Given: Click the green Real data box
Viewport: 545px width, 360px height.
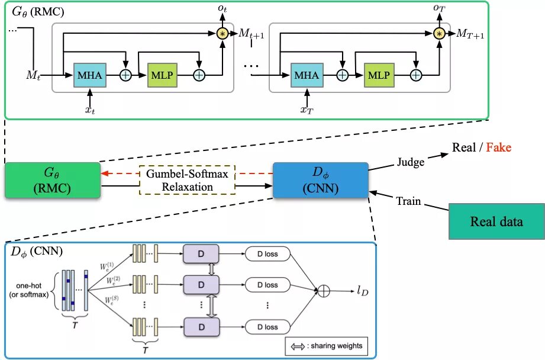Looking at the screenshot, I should coord(496,222).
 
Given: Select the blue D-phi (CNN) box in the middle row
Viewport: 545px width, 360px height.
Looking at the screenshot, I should coord(320,180).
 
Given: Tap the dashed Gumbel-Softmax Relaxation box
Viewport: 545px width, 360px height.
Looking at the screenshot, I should coord(187,179).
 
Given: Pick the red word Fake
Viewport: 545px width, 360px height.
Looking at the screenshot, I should coord(499,147).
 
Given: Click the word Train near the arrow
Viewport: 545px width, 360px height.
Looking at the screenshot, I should coord(408,201).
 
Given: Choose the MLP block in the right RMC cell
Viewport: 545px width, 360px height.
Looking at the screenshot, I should coord(379,75).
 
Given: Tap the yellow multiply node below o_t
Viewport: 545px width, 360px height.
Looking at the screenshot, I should coord(223,34).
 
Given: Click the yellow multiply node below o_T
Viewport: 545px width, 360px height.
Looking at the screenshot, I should coord(439,34).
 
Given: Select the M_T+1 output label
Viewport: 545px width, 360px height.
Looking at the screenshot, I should coord(470,34).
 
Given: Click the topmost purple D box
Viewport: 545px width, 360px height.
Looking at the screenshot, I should coord(201,254).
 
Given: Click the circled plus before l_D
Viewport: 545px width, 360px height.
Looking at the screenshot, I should coord(324,290).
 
